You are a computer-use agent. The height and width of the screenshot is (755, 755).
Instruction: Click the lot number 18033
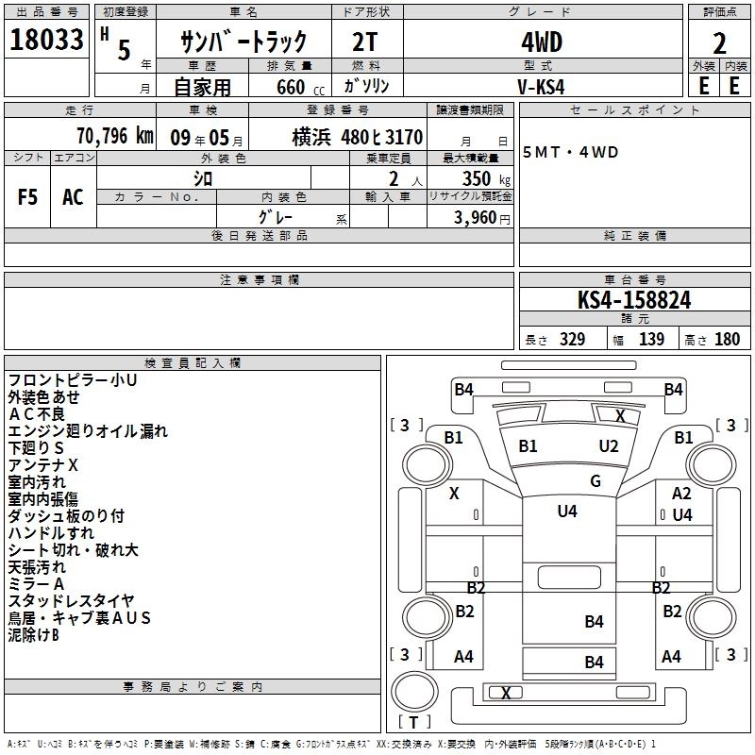coord(46,42)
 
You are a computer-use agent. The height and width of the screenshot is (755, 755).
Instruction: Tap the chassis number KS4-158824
coord(634,301)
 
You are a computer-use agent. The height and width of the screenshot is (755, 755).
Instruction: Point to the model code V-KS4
coord(543,85)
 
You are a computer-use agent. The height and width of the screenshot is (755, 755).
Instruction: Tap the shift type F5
coord(27,196)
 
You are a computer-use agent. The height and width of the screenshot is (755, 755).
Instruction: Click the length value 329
coord(572,340)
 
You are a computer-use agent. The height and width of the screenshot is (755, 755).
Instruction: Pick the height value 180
coord(728,340)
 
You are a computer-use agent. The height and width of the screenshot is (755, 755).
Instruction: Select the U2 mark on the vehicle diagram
coord(609,445)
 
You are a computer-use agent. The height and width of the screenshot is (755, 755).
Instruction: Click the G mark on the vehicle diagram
coord(595,481)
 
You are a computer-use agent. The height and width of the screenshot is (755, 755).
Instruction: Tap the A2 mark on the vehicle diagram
coord(681,494)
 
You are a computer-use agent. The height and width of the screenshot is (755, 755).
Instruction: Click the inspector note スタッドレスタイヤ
coord(71,601)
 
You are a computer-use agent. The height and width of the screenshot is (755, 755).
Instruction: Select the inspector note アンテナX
coord(43,465)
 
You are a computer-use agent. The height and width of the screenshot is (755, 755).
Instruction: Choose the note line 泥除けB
coord(34,635)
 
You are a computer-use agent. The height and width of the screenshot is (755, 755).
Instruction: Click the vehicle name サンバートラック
coord(244,42)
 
